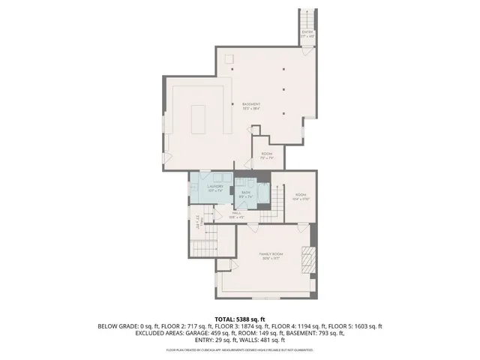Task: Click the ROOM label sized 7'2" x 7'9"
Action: pyautogui.click(x=266, y=156)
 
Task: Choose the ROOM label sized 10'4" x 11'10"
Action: pyautogui.click(x=300, y=196)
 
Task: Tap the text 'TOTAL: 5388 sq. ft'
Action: pyautogui.click(x=240, y=319)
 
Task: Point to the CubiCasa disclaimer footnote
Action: pyautogui.click(x=240, y=349)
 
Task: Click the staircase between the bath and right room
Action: pyautogui.click(x=278, y=199)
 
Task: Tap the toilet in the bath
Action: pyautogui.click(x=263, y=184)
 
